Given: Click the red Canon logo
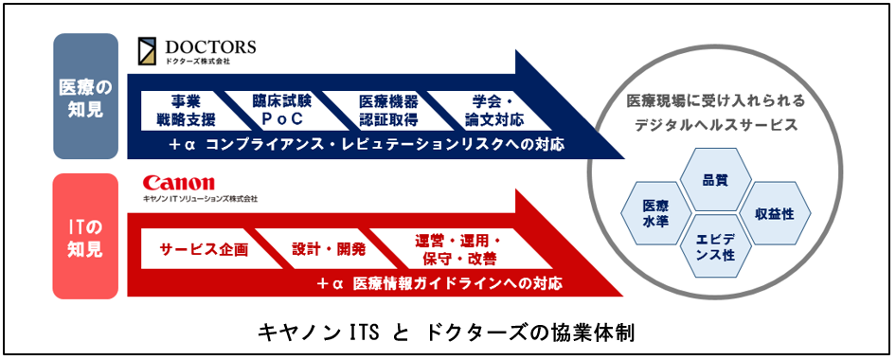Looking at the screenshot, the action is (x=178, y=183).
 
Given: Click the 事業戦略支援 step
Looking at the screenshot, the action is (x=186, y=111).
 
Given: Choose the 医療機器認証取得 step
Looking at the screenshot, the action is (x=384, y=111).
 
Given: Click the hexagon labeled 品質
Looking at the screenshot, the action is (x=713, y=180).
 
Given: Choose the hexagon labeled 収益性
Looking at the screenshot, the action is (x=774, y=213).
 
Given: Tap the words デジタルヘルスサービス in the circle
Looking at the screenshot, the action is (x=714, y=124).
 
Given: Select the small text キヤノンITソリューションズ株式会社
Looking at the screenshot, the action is (x=200, y=200).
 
